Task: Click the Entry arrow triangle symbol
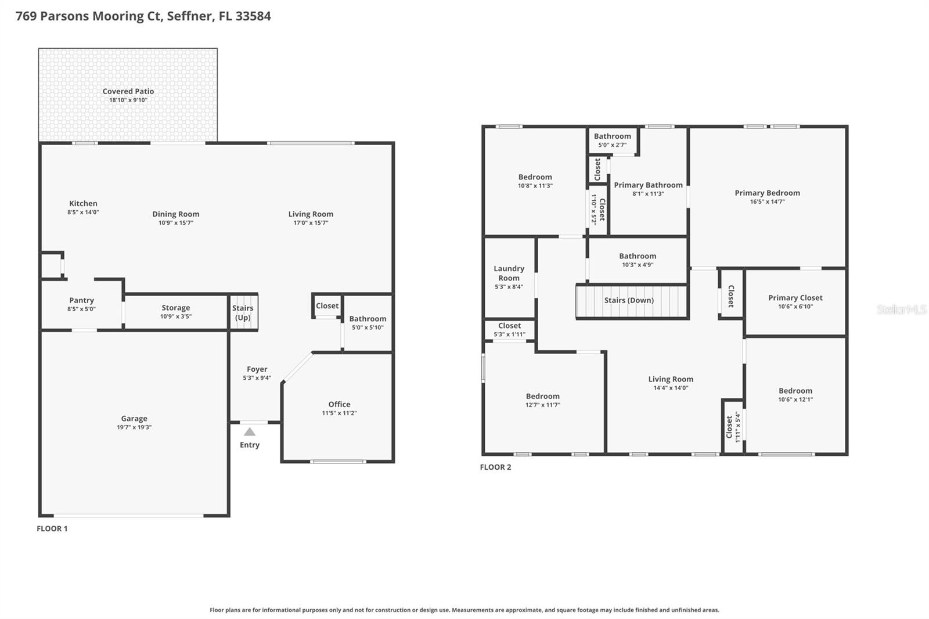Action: coord(249,432)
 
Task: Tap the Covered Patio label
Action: coord(128,91)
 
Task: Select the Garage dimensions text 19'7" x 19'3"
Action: coord(134,427)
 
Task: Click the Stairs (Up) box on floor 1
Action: coord(243,312)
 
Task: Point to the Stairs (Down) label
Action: coord(629,300)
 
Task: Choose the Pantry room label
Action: coord(81,300)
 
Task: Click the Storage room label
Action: coord(176,308)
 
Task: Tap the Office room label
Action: coord(339,404)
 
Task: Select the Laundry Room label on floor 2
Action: coord(509,273)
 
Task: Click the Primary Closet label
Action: coord(795,298)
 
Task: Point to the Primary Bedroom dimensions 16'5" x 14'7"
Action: coord(767,202)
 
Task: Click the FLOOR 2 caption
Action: coord(495,467)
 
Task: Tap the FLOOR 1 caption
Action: coord(52,528)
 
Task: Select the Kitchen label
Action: coord(83,203)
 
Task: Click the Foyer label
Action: coord(257,369)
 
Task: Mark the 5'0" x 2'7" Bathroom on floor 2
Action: coord(612,140)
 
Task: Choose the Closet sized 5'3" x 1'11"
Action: coord(509,329)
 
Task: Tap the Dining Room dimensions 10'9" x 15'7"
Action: coord(176,223)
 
